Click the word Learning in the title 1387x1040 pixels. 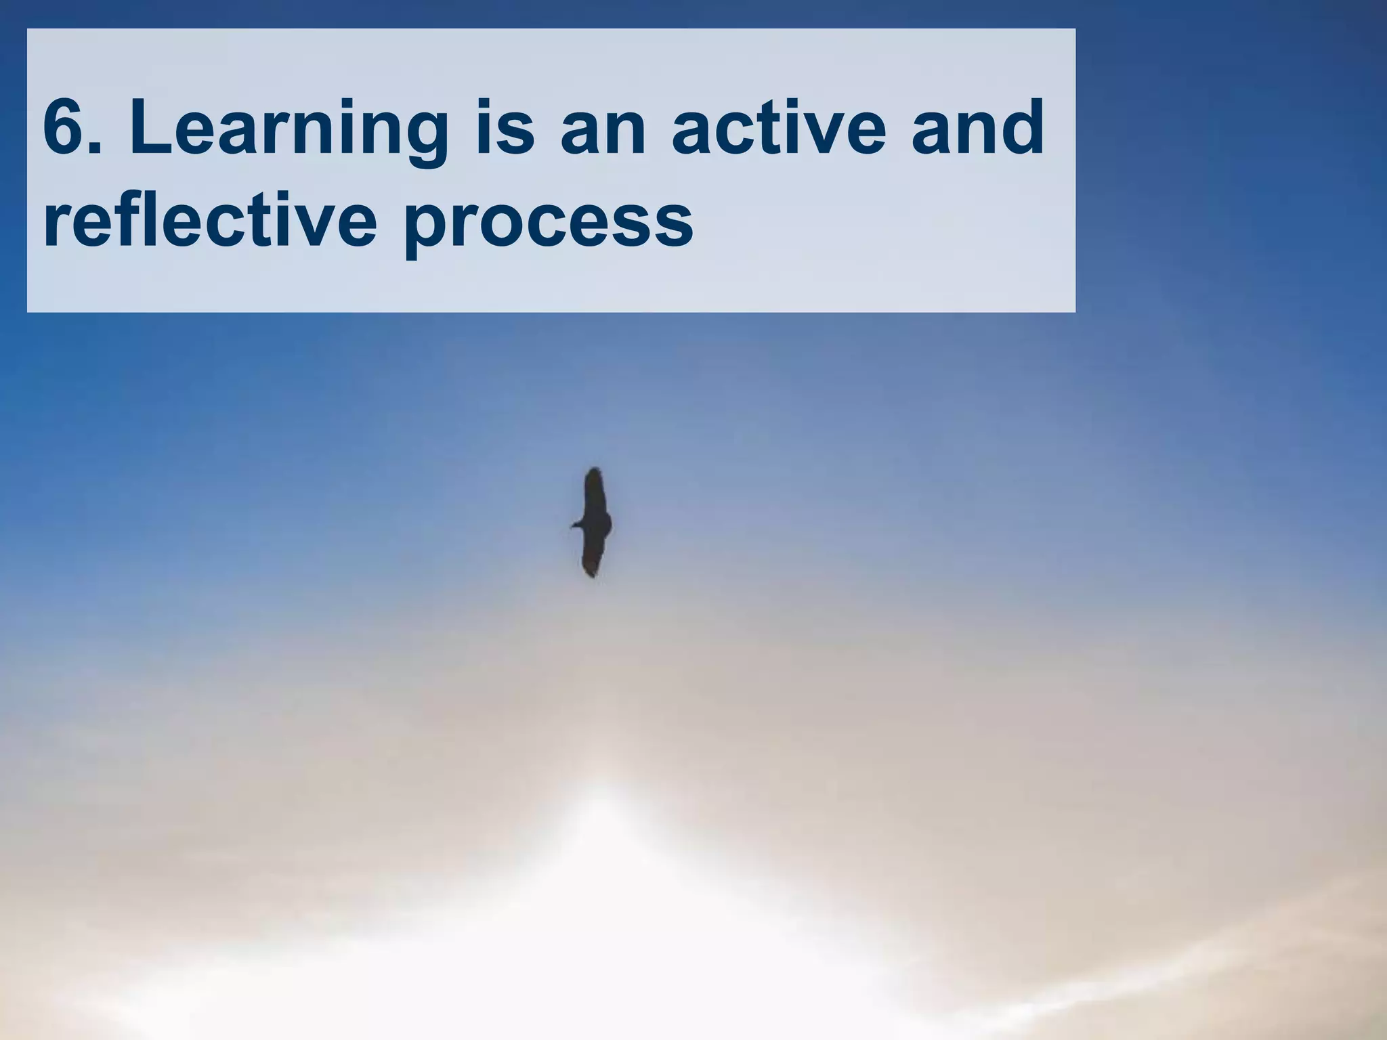(x=289, y=129)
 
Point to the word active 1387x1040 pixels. (x=779, y=129)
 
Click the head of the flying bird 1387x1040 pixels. (x=576, y=525)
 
